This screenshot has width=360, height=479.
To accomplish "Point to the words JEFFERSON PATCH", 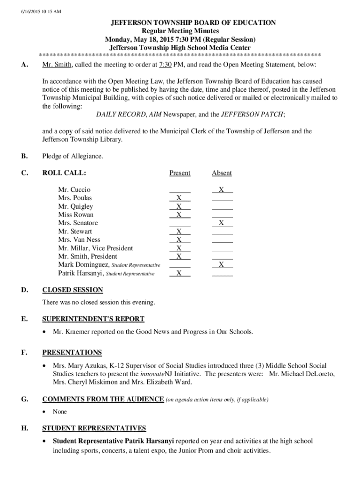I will (252, 115).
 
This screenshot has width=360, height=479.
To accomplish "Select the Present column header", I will (180, 173).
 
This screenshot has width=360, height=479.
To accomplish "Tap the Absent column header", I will (222, 173).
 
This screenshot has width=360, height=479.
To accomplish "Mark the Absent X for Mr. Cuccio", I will (222, 189).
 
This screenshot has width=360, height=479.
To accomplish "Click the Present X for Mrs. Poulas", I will (180, 198).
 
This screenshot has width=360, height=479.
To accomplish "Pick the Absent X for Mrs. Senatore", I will (222, 223).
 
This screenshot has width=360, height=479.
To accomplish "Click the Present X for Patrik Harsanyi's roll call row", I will (180, 273).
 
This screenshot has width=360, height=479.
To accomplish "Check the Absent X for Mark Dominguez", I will (222, 265).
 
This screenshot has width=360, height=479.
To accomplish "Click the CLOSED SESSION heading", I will (72, 290).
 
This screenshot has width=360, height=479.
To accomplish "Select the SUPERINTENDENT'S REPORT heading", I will (93, 319).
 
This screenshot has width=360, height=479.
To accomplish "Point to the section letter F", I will (23, 353).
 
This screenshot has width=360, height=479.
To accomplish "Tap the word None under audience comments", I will (60, 412).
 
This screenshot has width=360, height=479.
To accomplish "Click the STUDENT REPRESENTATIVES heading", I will (94, 428).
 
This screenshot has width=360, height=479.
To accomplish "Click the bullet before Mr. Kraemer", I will (44, 332).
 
